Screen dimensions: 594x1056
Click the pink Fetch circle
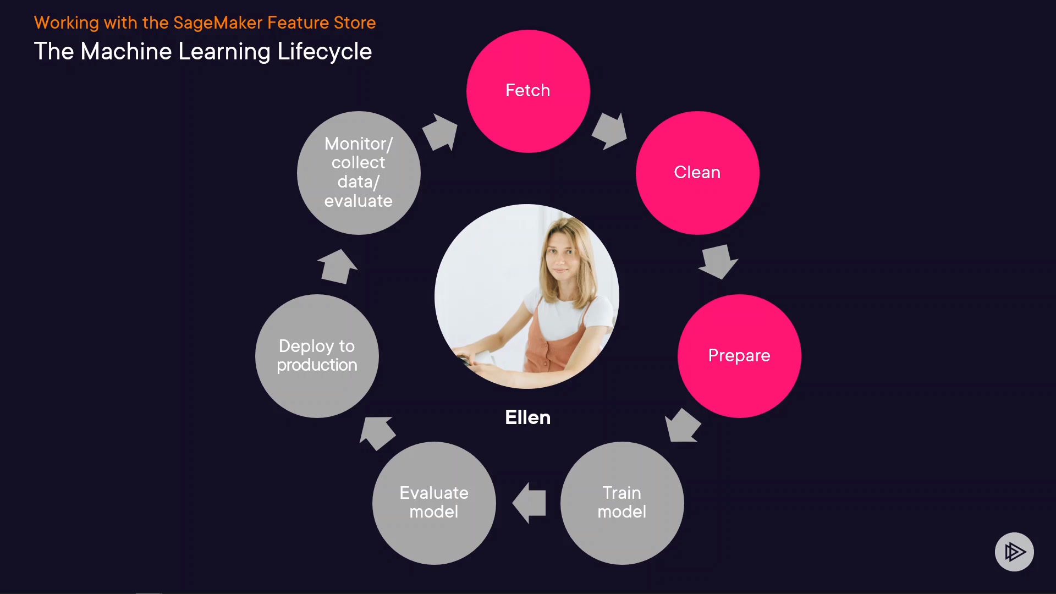coord(528,91)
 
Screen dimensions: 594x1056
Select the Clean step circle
coord(697,173)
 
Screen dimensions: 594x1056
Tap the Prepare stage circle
coord(739,356)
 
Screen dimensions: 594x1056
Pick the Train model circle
coord(622,503)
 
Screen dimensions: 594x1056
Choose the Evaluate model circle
coord(434,503)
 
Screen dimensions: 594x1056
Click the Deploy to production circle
coord(317,356)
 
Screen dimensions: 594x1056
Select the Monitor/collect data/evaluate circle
coord(359,173)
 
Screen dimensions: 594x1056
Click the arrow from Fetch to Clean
coord(609,131)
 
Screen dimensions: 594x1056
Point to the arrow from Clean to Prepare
coord(718,261)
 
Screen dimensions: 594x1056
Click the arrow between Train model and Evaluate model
coord(529,503)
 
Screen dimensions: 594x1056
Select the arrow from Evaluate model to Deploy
coord(377,432)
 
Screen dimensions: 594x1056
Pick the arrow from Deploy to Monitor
coord(337,267)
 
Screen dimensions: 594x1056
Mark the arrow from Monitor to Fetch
coord(440,132)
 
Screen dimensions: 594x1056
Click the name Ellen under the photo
coord(528,417)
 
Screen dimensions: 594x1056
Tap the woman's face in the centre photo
coord(562,258)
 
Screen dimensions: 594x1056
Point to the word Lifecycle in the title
coord(324,52)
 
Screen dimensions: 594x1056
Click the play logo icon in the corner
coord(1014,552)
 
